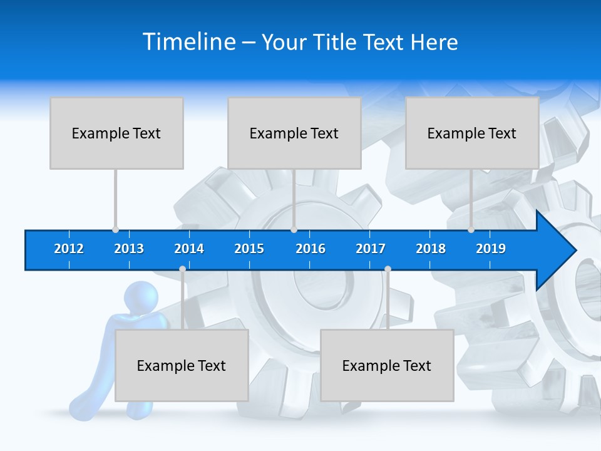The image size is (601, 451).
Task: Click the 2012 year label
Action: tap(69, 249)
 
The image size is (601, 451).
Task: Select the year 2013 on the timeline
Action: tap(129, 249)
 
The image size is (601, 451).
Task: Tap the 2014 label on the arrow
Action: tap(189, 249)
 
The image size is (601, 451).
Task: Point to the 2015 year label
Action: tap(249, 249)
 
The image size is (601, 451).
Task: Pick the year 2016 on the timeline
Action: tap(311, 249)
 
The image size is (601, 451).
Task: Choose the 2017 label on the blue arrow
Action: tap(371, 249)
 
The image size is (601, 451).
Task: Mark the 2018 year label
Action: tap(431, 249)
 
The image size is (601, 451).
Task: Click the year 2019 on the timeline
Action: tap(491, 249)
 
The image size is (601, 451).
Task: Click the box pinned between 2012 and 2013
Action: tap(116, 133)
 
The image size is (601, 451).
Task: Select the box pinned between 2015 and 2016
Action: tap(294, 133)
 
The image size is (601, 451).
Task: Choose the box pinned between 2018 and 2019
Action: tap(472, 133)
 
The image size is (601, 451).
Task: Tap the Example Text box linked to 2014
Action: tap(182, 365)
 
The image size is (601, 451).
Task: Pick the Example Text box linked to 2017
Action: tap(387, 365)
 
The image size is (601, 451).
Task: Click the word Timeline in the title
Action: tap(188, 41)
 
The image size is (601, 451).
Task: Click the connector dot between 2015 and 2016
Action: tap(294, 230)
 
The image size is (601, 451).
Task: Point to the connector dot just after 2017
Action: tap(388, 269)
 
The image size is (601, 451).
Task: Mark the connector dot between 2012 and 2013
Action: tap(115, 230)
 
